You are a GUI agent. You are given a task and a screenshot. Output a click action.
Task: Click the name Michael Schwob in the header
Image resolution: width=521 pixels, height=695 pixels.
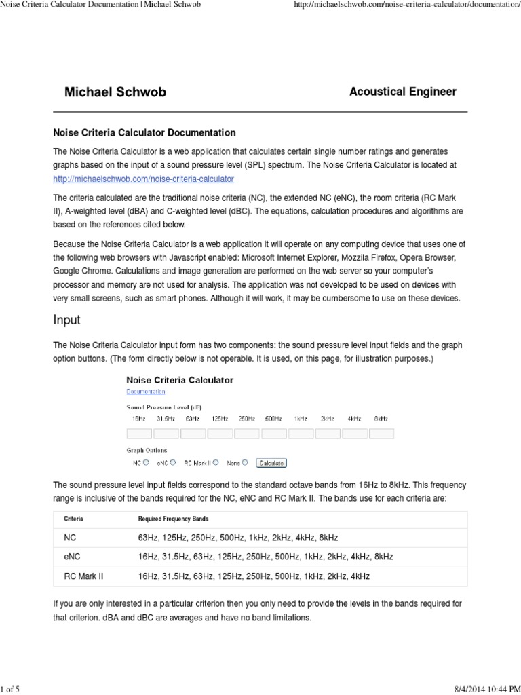115,92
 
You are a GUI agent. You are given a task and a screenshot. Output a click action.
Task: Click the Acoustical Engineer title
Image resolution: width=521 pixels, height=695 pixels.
402,92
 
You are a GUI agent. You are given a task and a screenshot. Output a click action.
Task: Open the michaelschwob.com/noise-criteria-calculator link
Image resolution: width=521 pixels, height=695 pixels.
143,179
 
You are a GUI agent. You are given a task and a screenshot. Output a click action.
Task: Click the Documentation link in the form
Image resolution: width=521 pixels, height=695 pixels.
145,392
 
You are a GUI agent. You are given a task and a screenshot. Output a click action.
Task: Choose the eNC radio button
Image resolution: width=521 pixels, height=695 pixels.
173,463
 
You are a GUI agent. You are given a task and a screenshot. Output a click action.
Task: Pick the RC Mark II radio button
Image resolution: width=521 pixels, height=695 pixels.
216,463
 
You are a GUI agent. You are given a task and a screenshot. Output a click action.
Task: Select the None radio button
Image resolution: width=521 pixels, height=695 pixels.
245,463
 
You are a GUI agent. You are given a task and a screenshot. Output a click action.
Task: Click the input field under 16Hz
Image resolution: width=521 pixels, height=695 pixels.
139,433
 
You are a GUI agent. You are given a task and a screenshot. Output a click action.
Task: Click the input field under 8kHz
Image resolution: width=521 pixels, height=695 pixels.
381,433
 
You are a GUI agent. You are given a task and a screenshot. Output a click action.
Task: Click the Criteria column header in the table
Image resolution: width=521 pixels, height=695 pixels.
74,519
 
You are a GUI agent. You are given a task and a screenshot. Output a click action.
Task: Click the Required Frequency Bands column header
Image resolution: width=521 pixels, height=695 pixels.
173,519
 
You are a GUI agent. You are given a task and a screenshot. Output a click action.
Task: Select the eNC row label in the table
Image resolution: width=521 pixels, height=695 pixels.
72,557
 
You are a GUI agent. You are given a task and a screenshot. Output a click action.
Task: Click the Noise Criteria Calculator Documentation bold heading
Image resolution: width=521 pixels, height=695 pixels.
144,133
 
